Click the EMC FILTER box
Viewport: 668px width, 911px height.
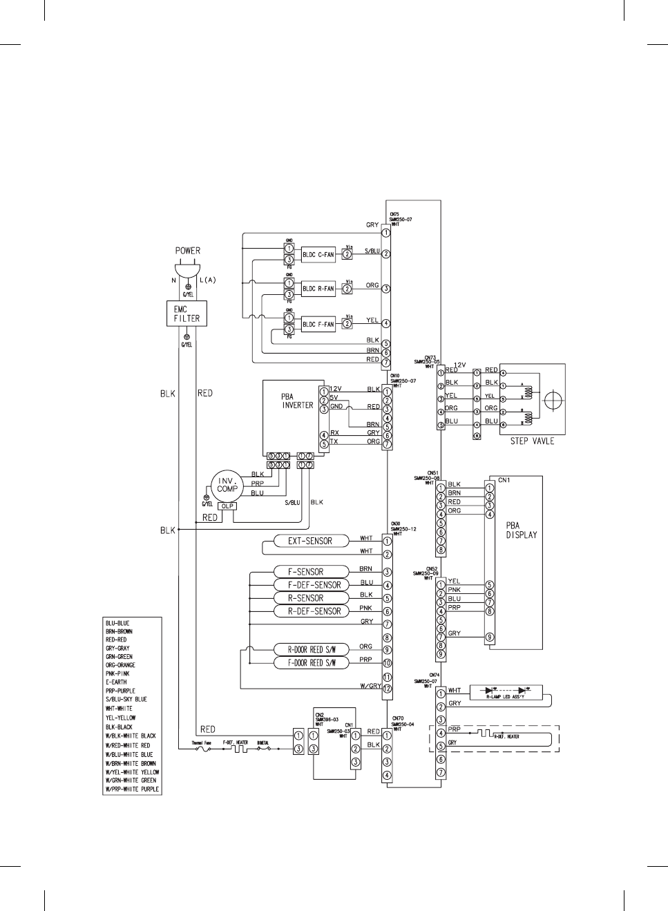point(187,314)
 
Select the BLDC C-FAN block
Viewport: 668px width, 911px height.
point(318,255)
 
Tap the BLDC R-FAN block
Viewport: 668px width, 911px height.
point(318,289)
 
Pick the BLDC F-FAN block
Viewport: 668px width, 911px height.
point(318,324)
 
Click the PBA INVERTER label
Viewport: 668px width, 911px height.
point(297,401)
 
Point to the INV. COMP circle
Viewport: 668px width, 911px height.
point(227,484)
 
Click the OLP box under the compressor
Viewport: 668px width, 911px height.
point(227,506)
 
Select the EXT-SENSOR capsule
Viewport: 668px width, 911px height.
point(309,541)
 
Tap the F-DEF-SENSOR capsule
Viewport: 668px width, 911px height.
point(314,585)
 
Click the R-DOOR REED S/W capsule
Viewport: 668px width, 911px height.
point(315,649)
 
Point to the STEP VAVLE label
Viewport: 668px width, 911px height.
point(532,441)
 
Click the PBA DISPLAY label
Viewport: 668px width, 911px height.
point(521,530)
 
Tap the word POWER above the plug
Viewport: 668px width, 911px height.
point(187,251)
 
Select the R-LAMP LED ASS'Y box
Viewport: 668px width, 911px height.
point(506,692)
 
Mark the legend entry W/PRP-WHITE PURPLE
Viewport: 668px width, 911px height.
point(132,789)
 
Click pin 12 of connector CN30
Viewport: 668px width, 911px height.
point(388,689)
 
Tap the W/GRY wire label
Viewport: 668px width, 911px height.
point(371,686)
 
